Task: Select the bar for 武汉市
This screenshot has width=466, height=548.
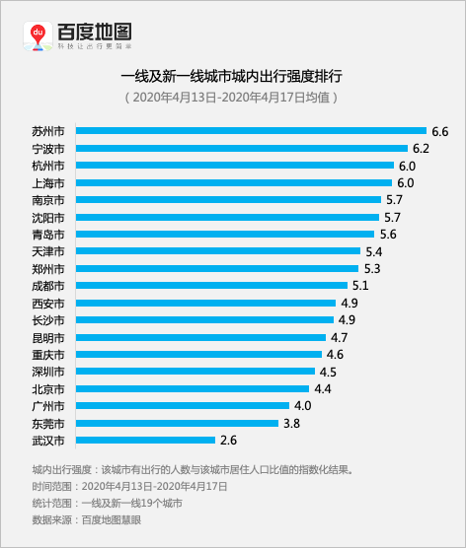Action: (145, 440)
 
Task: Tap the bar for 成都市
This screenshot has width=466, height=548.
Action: (211, 286)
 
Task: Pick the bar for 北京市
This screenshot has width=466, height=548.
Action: (193, 388)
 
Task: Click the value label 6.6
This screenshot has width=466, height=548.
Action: (439, 131)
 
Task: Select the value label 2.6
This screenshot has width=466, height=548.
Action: (228, 440)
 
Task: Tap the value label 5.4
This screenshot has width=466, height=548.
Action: (373, 251)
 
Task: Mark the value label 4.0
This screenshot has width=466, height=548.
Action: (302, 406)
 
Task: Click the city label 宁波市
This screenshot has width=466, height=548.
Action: (48, 149)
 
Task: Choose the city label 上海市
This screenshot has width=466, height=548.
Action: (48, 183)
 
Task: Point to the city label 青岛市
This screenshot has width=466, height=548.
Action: (48, 235)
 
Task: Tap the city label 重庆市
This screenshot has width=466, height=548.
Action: (48, 355)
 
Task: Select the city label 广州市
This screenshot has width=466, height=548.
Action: (48, 406)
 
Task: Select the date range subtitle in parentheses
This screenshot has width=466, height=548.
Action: (232, 97)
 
